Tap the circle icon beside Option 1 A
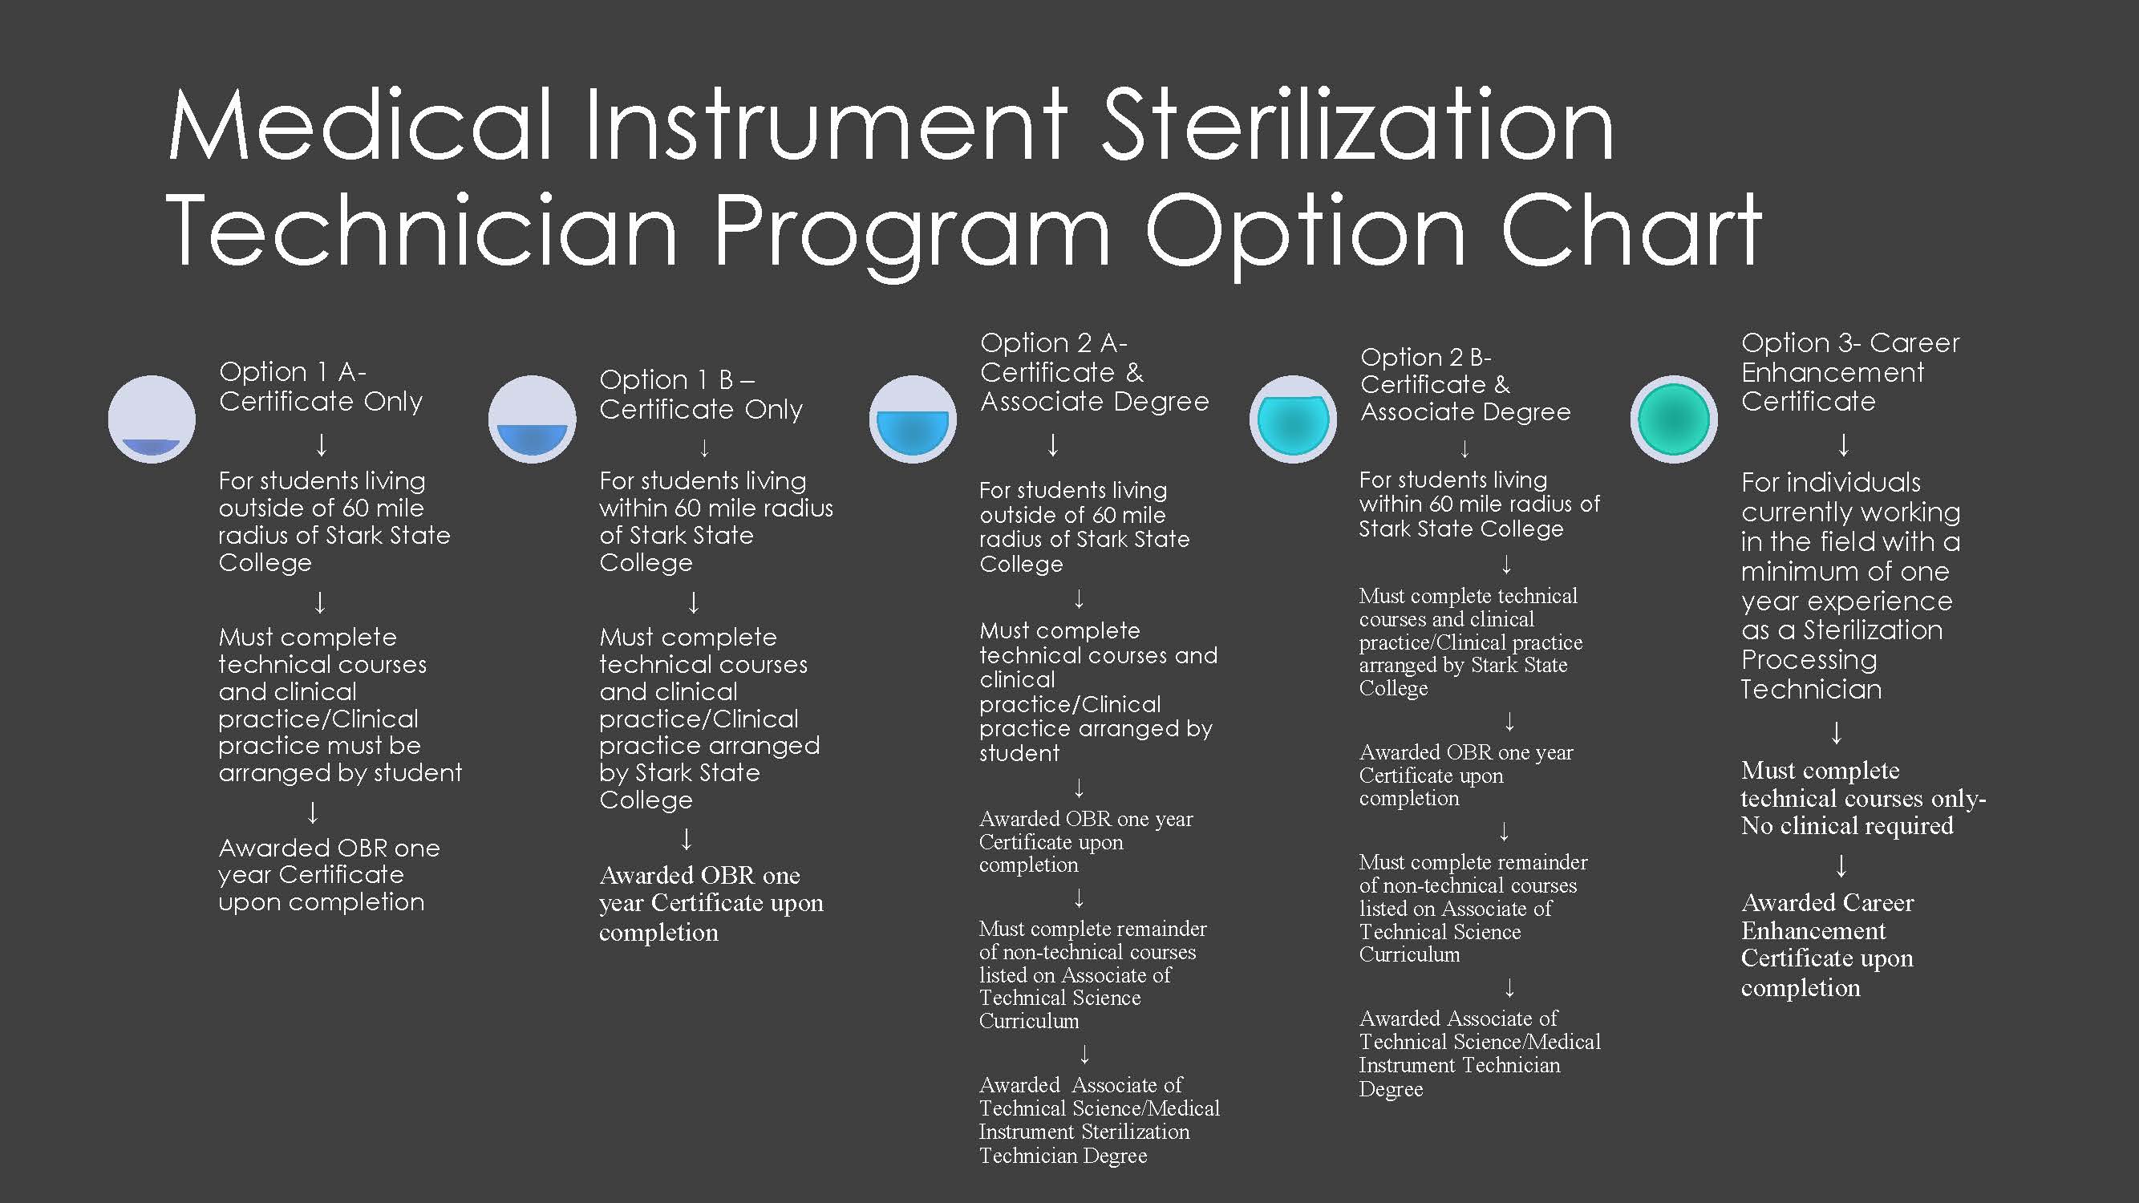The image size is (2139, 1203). (x=152, y=419)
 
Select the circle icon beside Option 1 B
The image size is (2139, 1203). (x=533, y=419)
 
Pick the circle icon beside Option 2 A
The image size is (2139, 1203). (x=913, y=419)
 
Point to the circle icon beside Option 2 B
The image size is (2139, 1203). (x=1293, y=419)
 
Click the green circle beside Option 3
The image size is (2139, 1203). (x=1673, y=419)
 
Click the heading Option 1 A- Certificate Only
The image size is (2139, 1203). (x=321, y=386)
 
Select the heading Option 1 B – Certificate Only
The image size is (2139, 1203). (x=701, y=395)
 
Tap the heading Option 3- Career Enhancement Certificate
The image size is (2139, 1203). (x=1850, y=372)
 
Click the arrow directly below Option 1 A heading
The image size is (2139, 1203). (x=322, y=444)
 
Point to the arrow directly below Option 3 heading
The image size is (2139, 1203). (x=1843, y=445)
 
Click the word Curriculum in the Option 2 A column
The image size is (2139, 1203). (x=1029, y=1021)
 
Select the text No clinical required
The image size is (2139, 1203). (x=1847, y=826)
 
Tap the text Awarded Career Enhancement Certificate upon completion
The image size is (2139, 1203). (x=1827, y=945)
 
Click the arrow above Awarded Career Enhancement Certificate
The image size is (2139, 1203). (x=1841, y=866)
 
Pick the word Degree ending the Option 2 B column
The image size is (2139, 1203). (x=1391, y=1089)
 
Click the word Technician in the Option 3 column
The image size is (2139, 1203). (x=1811, y=689)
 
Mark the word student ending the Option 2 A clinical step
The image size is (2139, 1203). (x=1019, y=754)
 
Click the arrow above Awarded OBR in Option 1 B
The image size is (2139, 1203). (x=687, y=840)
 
